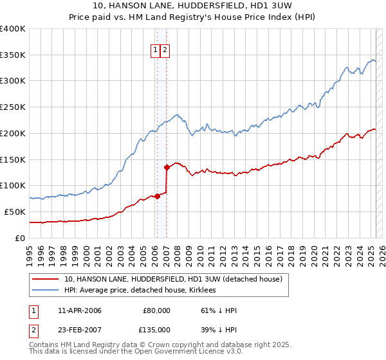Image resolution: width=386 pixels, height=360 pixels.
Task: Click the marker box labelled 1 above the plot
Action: click(155, 51)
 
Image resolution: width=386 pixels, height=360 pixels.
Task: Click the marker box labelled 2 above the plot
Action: click(164, 51)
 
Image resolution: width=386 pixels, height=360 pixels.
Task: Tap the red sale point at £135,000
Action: click(167, 167)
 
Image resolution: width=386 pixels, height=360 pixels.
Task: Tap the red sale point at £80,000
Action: click(156, 196)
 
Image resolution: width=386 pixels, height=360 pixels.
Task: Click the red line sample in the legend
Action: click(45, 280)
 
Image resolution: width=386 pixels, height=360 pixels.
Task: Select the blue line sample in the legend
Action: click(45, 291)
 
